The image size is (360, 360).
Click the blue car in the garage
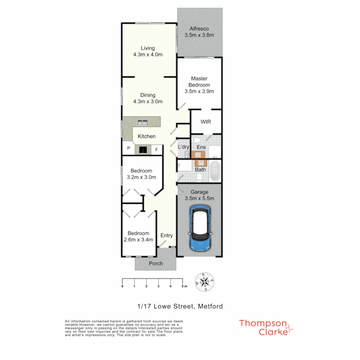pyautogui.click(x=200, y=228)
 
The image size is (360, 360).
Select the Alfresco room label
pyautogui.click(x=199, y=29)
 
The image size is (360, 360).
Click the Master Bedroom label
pyautogui.click(x=199, y=82)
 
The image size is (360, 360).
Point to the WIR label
pyautogui.click(x=206, y=122)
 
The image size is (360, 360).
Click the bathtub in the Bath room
pyautogui.click(x=215, y=171)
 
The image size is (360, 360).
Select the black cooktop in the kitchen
pyautogui.click(x=143, y=150)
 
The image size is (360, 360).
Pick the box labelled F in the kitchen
pyautogui.click(x=157, y=150)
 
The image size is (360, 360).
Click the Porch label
pyautogui.click(x=156, y=263)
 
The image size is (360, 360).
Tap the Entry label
pyautogui.click(x=167, y=235)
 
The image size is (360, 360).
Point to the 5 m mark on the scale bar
pyautogui.click(x=183, y=286)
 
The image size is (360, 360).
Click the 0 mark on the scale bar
pyautogui.click(x=122, y=286)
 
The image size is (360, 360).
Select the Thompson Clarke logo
pyautogui.click(x=266, y=327)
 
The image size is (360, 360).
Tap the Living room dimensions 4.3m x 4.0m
pyautogui.click(x=147, y=55)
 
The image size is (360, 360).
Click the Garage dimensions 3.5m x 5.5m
pyautogui.click(x=199, y=198)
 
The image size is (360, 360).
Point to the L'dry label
pyautogui.click(x=183, y=147)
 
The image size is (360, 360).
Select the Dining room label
pyautogui.click(x=148, y=95)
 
